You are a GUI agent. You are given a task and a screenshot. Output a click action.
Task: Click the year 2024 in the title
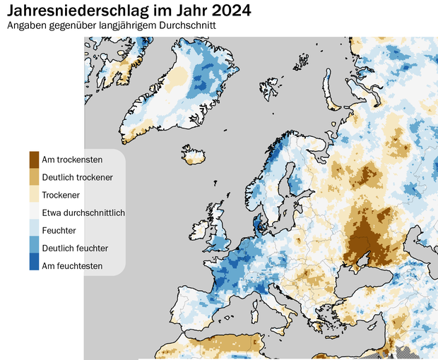click(x=229, y=11)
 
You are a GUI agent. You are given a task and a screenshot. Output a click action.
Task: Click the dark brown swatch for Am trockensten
click(x=34, y=159)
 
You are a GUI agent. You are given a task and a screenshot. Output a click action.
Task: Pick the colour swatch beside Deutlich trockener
click(x=34, y=176)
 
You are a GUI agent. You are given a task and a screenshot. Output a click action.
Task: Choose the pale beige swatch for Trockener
click(x=34, y=194)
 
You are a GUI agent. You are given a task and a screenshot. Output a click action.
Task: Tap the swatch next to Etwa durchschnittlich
click(x=34, y=212)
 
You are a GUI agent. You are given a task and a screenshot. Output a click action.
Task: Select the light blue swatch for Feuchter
click(x=34, y=230)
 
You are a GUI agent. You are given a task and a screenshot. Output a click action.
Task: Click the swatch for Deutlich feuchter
click(x=34, y=248)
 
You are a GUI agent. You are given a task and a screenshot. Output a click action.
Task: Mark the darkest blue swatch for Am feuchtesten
click(x=34, y=265)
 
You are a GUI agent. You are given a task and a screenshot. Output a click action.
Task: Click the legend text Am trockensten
click(x=72, y=160)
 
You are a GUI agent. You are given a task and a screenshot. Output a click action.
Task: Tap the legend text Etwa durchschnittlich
click(x=83, y=212)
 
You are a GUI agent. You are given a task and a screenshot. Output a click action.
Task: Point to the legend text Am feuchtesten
click(x=72, y=266)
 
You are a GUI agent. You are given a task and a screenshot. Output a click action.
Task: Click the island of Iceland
click(x=195, y=155)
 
